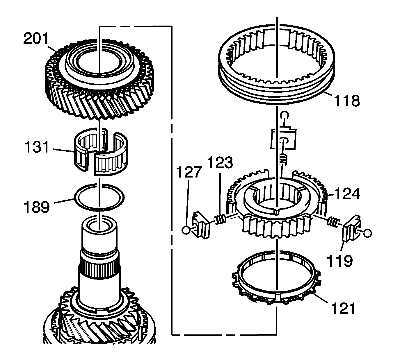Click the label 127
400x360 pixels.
point(189,172)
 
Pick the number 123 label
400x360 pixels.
point(220,163)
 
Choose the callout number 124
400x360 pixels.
point(347,194)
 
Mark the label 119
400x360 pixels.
point(339,261)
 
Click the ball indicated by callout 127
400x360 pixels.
point(186,230)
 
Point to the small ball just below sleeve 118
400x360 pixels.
point(284,116)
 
